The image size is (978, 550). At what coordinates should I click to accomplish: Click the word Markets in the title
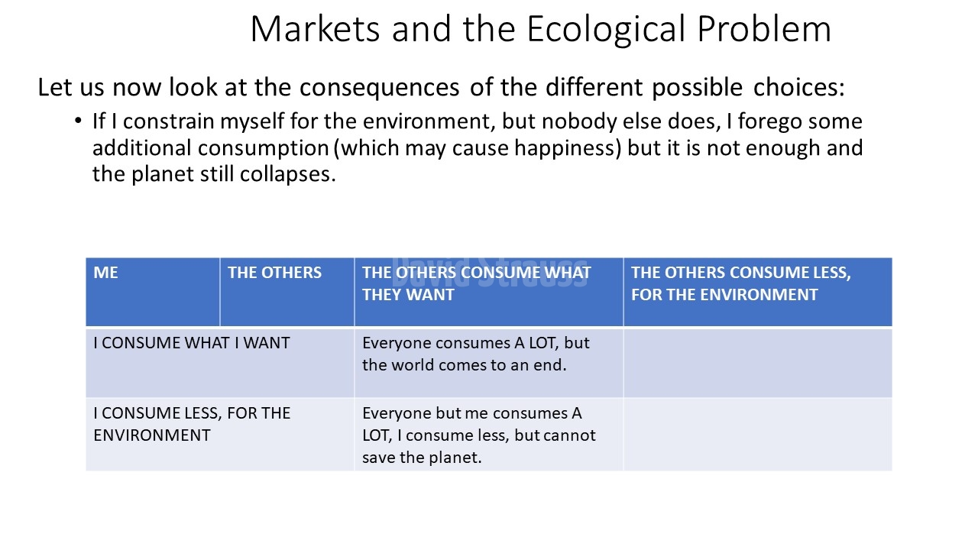(316, 29)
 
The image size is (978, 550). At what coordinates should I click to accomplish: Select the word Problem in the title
(764, 29)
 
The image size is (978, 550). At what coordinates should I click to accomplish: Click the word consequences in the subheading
(380, 87)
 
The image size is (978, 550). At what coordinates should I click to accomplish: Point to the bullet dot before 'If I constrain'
(78, 120)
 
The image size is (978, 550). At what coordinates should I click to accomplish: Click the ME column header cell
(153, 292)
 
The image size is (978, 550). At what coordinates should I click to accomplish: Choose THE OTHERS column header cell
(287, 292)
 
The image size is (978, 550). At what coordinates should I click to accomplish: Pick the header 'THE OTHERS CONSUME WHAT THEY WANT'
(488, 292)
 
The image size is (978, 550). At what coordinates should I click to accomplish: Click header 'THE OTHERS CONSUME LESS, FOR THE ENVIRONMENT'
(758, 292)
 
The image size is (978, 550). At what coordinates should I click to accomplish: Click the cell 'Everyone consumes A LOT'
(488, 363)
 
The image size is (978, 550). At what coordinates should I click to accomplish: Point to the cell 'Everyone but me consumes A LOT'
(488, 435)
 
